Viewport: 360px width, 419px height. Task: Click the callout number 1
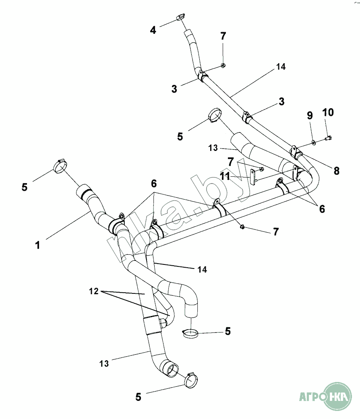[x=38, y=245]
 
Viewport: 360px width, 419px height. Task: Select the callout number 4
[x=153, y=30]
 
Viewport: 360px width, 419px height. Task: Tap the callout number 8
[x=336, y=171]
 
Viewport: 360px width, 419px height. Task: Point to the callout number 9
[x=310, y=116]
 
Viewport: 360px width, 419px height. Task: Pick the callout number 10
[x=328, y=113]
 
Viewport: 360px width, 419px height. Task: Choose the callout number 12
[x=93, y=291]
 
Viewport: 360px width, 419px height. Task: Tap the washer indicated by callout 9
[x=313, y=142]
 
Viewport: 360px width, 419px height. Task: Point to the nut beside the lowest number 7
[x=243, y=227]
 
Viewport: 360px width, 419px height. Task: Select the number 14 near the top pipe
[x=281, y=67]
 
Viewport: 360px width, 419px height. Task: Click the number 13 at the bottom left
[x=104, y=363]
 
